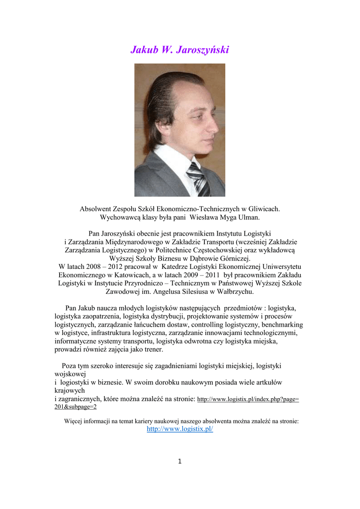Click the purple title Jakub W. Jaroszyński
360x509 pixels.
click(180, 50)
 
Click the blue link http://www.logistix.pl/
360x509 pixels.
click(180, 429)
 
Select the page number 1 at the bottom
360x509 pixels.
click(180, 461)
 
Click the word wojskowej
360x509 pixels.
click(71, 374)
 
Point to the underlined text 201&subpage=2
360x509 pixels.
click(75, 407)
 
